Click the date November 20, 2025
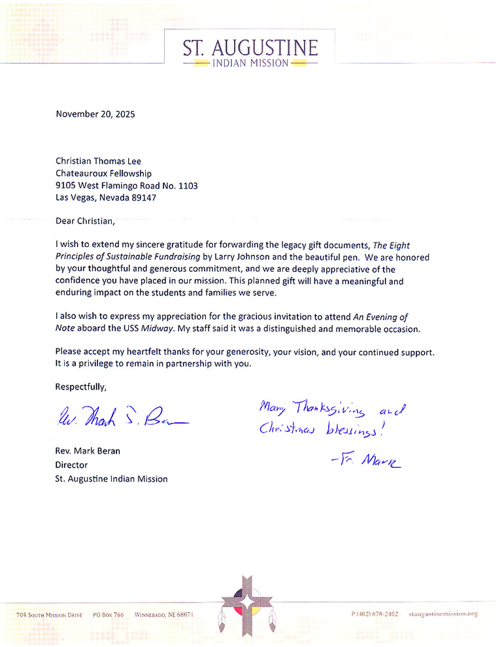tap(95, 114)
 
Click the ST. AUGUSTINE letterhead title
tap(251, 48)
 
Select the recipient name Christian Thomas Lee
tap(98, 161)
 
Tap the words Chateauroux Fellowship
tap(104, 173)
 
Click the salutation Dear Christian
tap(85, 221)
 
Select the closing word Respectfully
tap(80, 386)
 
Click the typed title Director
tap(72, 465)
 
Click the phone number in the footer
tap(375, 614)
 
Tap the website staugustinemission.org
tap(443, 614)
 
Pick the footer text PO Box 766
tap(108, 615)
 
